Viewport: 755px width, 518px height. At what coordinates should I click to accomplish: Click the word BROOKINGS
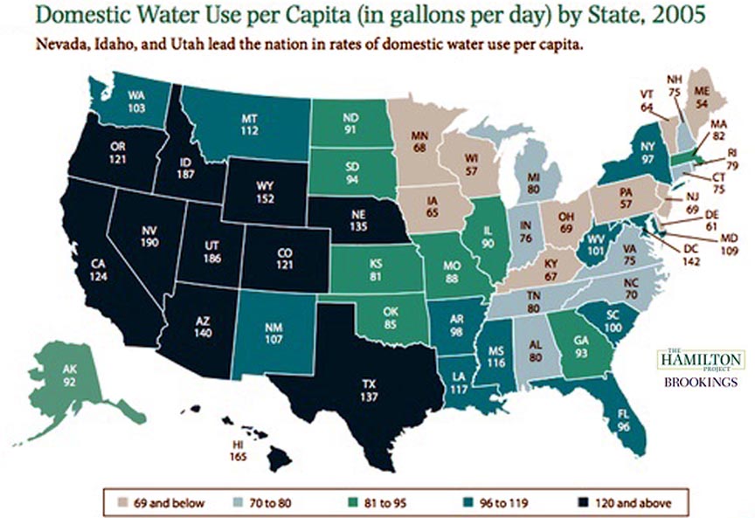click(700, 383)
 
